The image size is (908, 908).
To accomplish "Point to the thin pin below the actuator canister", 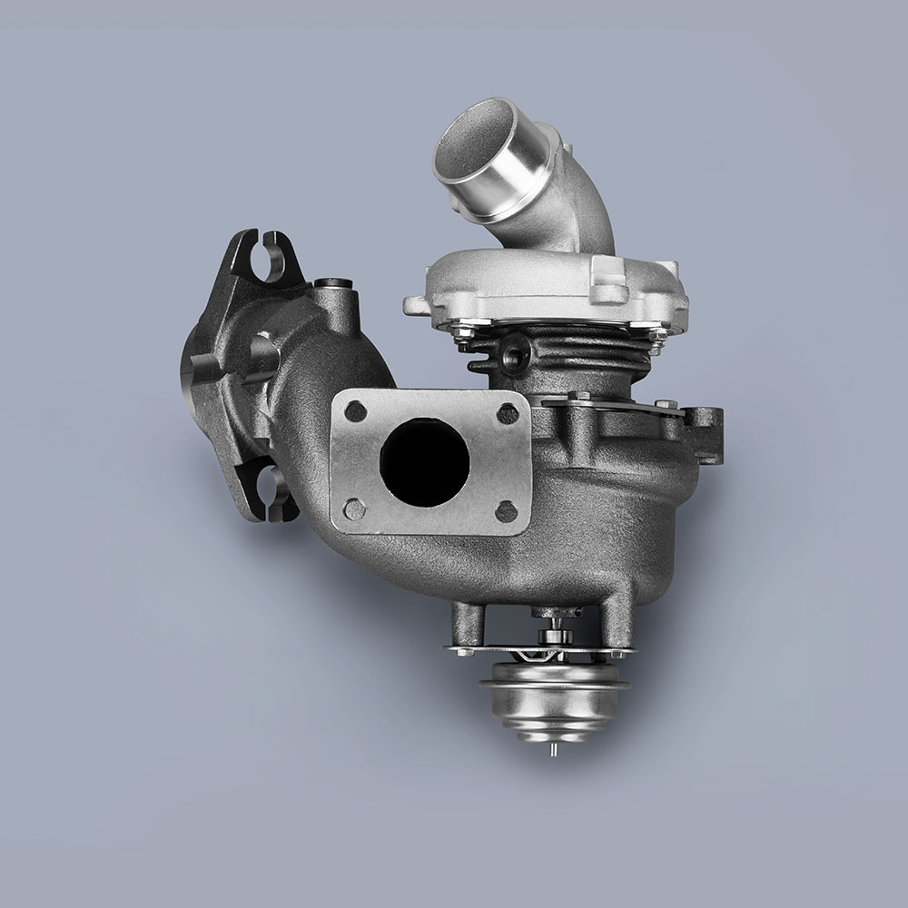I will pos(551,752).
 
